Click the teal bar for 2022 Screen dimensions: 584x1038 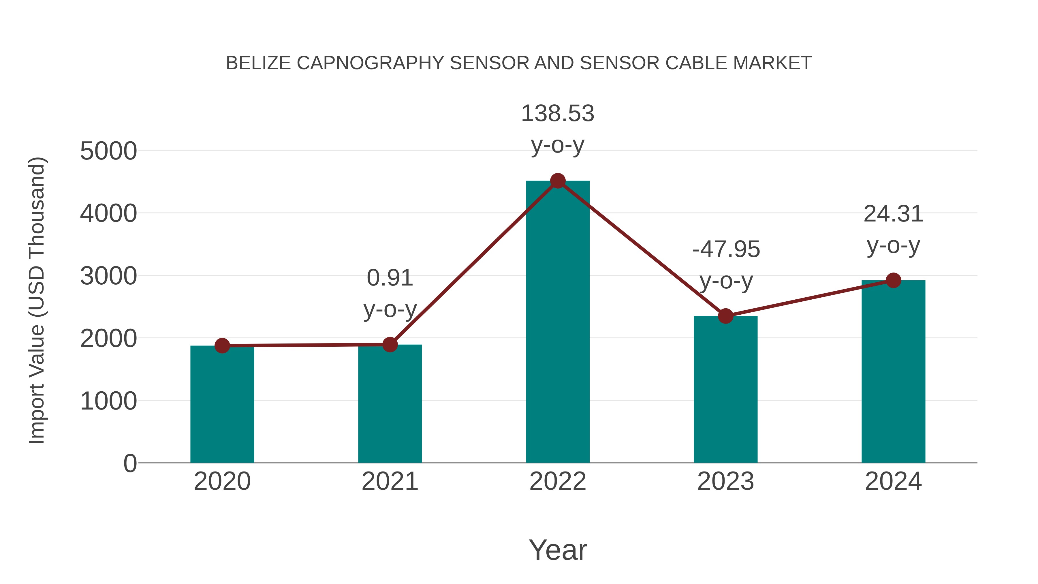tap(558, 322)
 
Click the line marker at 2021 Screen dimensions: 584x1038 tap(390, 345)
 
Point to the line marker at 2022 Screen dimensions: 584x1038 tap(558, 181)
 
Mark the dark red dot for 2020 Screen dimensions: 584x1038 tap(222, 345)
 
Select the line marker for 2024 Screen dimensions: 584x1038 tap(893, 280)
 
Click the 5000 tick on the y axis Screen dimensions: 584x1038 tap(108, 151)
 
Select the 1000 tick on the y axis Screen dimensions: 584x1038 tap(108, 401)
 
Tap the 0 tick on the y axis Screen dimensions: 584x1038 tap(130, 463)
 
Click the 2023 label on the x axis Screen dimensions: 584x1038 tap(725, 481)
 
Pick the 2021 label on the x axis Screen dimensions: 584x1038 tap(390, 481)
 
